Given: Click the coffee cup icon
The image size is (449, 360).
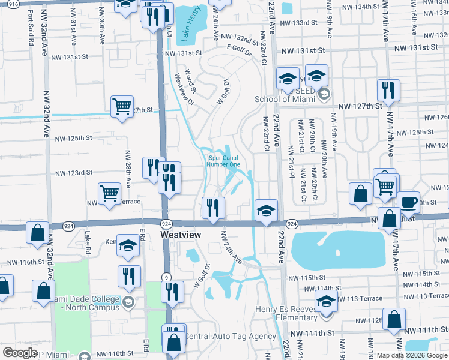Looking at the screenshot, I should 409,202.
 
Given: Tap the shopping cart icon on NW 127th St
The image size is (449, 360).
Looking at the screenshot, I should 122,106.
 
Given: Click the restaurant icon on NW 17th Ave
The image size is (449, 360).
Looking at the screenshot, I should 388,91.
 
